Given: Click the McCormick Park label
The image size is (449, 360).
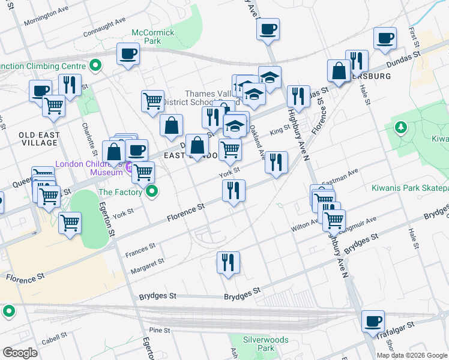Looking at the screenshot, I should pos(153,37).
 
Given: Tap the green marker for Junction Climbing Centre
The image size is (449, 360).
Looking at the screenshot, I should pos(95,65).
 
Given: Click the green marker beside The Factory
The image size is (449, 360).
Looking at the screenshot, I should pos(152,192).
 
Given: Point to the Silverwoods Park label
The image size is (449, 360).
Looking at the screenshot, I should pos(265,344).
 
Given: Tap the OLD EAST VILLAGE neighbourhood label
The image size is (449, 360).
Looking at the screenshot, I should pos(39,139).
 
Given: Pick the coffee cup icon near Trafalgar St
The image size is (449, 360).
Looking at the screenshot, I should pos(373,321).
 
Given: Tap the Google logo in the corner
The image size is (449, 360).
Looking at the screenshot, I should pos(20,353).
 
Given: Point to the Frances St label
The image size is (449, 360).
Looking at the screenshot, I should pos(140,250).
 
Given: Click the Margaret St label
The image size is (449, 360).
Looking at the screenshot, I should pos(147,265).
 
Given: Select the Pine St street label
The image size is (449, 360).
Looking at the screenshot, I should pos(160,330).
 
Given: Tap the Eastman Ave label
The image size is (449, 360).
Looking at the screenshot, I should pos(340,175).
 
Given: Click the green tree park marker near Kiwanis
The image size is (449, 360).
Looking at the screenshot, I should pos(400,127).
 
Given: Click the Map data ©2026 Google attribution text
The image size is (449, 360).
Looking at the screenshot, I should pos(412,355).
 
